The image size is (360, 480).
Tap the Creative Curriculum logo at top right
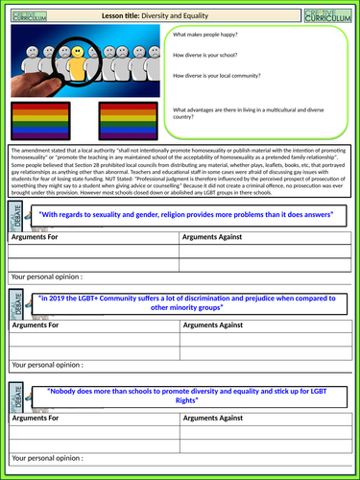[328, 14]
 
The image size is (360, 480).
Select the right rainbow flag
[123, 125]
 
